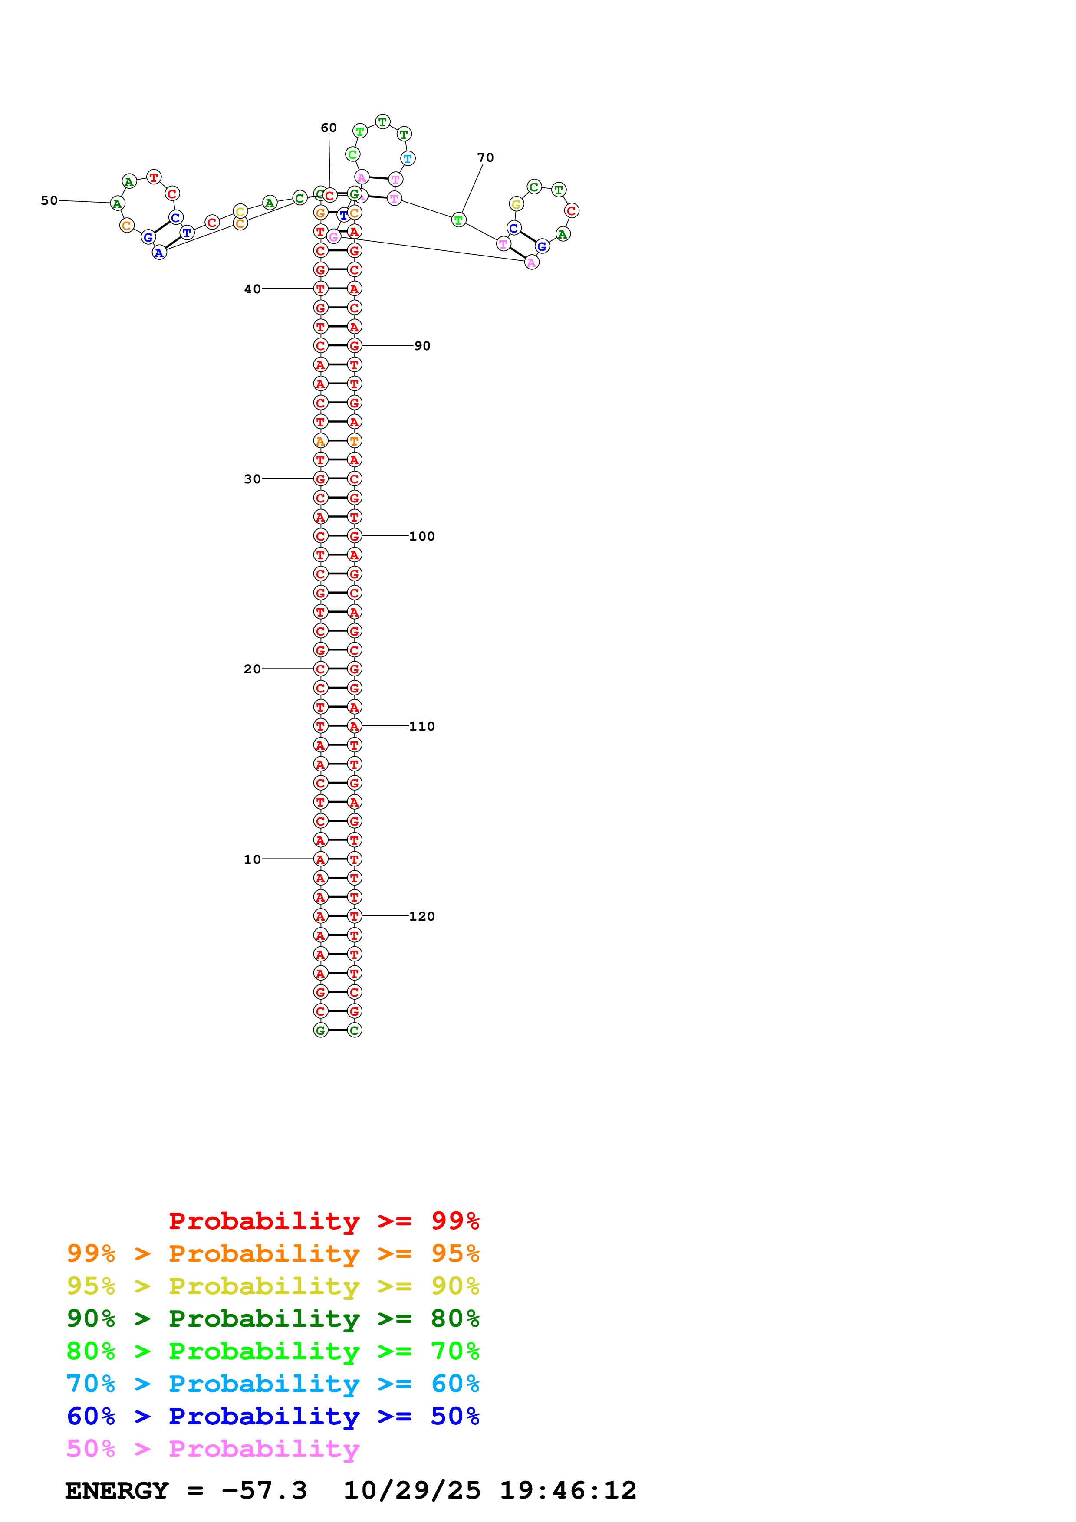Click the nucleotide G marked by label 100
(x=355, y=536)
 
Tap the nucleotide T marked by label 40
(x=320, y=289)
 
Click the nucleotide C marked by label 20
(x=320, y=669)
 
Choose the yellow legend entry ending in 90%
(x=273, y=1286)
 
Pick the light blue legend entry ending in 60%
(x=273, y=1384)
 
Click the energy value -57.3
(x=264, y=1490)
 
